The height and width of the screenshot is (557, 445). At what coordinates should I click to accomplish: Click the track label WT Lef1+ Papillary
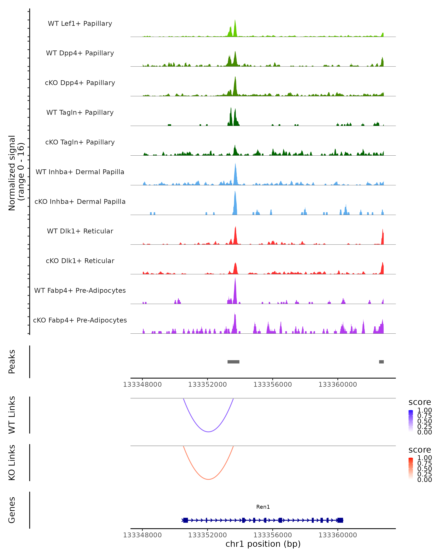tap(80, 24)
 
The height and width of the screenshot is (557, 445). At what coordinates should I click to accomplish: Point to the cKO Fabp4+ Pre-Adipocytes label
tap(80, 320)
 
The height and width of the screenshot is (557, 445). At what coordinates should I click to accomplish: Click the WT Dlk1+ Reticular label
tap(80, 231)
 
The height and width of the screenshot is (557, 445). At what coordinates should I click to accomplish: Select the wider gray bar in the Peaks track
tap(233, 362)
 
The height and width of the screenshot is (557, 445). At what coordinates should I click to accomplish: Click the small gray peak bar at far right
tap(381, 362)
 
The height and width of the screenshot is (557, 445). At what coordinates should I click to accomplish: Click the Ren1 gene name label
tap(263, 507)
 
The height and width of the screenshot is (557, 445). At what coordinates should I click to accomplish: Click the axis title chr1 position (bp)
tap(263, 544)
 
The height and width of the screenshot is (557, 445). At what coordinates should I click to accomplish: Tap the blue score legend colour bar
tap(411, 420)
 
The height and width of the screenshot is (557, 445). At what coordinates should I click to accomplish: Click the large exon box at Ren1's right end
tap(340, 520)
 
